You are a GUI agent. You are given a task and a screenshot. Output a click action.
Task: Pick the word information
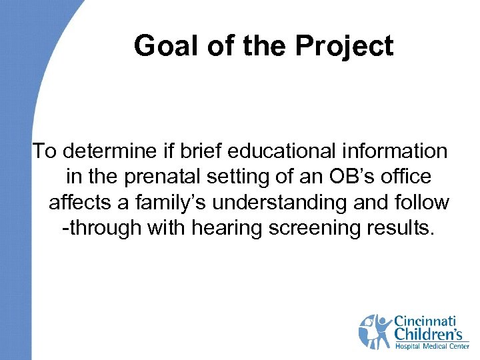coord(398,151)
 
